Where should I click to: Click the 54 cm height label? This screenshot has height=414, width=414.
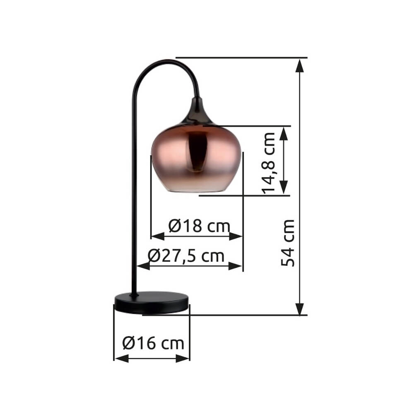point(288,243)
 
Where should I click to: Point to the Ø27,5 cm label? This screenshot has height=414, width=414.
point(186,256)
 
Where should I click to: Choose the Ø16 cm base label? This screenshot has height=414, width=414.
point(153,343)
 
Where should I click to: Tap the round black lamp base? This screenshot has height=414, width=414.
point(152,302)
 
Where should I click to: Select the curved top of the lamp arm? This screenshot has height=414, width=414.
point(166,62)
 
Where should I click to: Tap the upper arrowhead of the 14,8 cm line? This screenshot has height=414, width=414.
point(284,132)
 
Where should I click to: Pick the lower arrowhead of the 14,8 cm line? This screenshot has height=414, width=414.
point(284,188)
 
